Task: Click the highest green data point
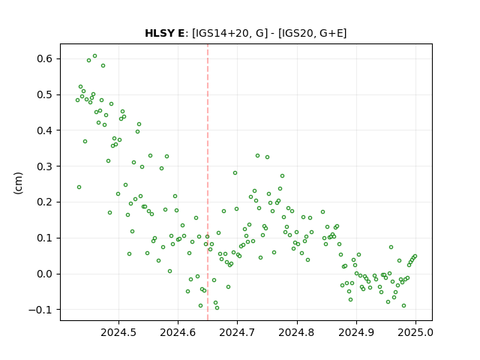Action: (x=95, y=56)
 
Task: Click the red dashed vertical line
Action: (x=208, y=182)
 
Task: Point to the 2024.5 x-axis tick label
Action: (x=118, y=332)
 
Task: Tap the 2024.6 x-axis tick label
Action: (x=178, y=332)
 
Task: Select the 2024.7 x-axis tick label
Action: (x=237, y=332)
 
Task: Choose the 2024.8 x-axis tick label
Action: (x=297, y=332)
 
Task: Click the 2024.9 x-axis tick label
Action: (x=356, y=332)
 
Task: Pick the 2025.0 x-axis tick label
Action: (x=415, y=332)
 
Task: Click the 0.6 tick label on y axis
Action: (x=45, y=58)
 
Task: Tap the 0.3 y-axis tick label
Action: (x=45, y=166)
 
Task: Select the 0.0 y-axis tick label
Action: (x=45, y=274)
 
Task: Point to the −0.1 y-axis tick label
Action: (x=41, y=310)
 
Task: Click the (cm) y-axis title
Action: (x=18, y=183)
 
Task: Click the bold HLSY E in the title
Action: (x=165, y=33)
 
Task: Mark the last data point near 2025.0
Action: (x=415, y=256)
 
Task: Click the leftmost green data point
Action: (x=78, y=100)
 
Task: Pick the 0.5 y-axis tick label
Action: (x=45, y=94)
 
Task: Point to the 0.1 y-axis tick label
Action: (x=45, y=238)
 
